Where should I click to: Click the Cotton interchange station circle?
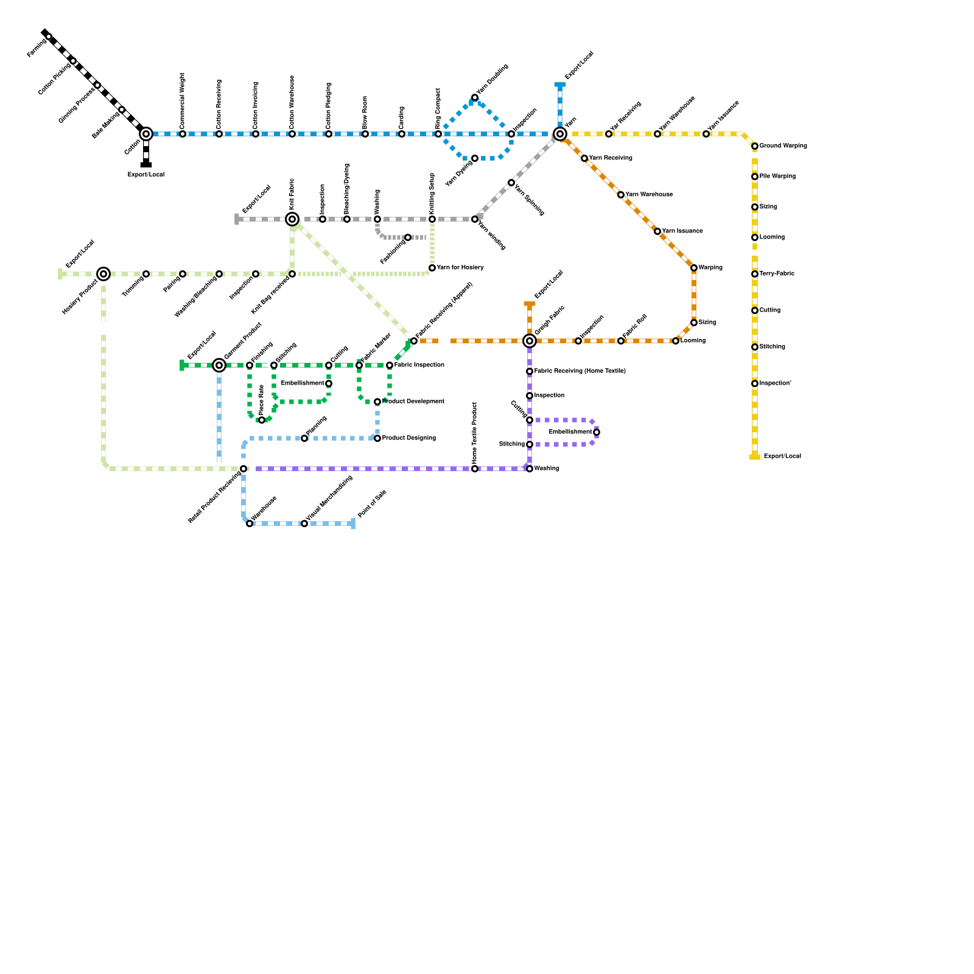[146, 134]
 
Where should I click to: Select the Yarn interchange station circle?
[560, 134]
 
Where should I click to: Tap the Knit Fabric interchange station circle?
[292, 219]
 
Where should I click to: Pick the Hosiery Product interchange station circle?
[103, 274]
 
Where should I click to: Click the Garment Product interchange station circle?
[219, 365]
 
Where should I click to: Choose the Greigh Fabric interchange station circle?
[530, 341]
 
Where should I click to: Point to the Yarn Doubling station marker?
[475, 97]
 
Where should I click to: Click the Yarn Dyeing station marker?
[475, 158]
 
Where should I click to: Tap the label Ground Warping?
[783, 146]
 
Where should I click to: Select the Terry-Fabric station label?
[777, 274]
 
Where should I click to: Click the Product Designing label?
[408, 438]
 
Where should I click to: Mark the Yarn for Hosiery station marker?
[432, 268]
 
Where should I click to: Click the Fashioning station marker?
[408, 237]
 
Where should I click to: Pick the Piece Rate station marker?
[262, 420]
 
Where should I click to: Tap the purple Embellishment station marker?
[597, 432]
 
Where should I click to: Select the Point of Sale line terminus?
[353, 524]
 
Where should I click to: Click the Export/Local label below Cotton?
[146, 175]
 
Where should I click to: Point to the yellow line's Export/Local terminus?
[755, 457]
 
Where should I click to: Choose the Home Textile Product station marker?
[475, 469]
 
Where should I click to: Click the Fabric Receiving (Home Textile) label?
[580, 371]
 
